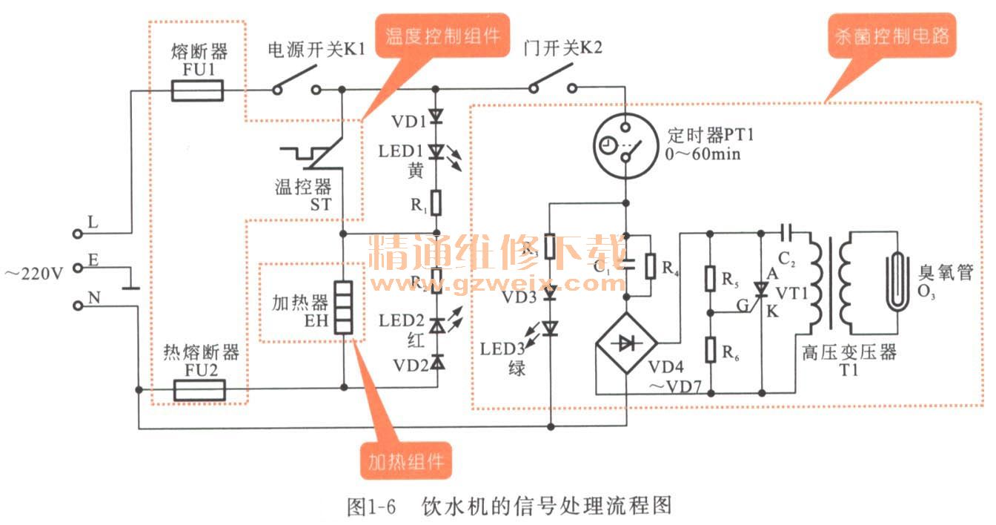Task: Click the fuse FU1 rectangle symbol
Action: pyautogui.click(x=196, y=91)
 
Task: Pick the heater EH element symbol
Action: pyautogui.click(x=343, y=306)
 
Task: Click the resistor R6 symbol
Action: pyautogui.click(x=710, y=347)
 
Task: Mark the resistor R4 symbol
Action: pyautogui.click(x=650, y=265)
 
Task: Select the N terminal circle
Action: pyautogui.click(x=78, y=305)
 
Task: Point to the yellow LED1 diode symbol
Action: pyautogui.click(x=436, y=151)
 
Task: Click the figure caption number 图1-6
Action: pyautogui.click(x=371, y=506)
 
